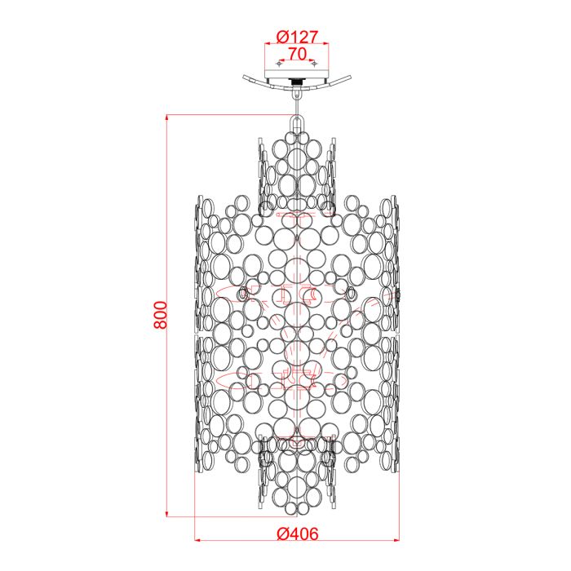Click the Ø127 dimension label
pos(296,37)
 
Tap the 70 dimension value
pos(296,54)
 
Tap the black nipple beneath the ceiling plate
pos(296,83)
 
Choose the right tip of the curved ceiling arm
pos(349,79)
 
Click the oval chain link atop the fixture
pos(296,122)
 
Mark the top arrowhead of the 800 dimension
pos(167,117)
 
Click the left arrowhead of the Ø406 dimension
pos(198,540)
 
